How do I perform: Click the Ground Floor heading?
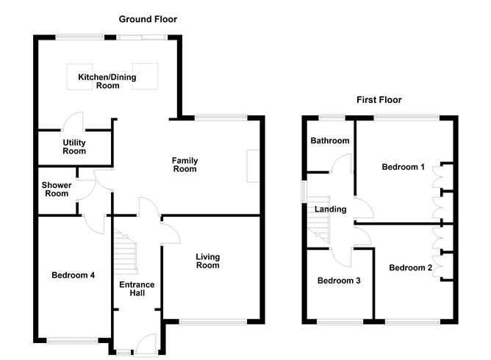click(149, 19)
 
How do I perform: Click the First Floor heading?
click(379, 100)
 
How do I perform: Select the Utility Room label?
click(74, 146)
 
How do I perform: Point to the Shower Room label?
click(55, 189)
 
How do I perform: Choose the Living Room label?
click(207, 261)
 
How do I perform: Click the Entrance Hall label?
click(133, 288)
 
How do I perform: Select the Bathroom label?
click(329, 140)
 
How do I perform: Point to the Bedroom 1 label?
click(403, 167)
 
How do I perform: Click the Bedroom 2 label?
click(410, 267)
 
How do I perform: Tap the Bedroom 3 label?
click(339, 280)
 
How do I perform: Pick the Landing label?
click(330, 209)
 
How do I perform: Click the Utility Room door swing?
click(74, 120)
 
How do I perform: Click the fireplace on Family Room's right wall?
click(254, 165)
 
